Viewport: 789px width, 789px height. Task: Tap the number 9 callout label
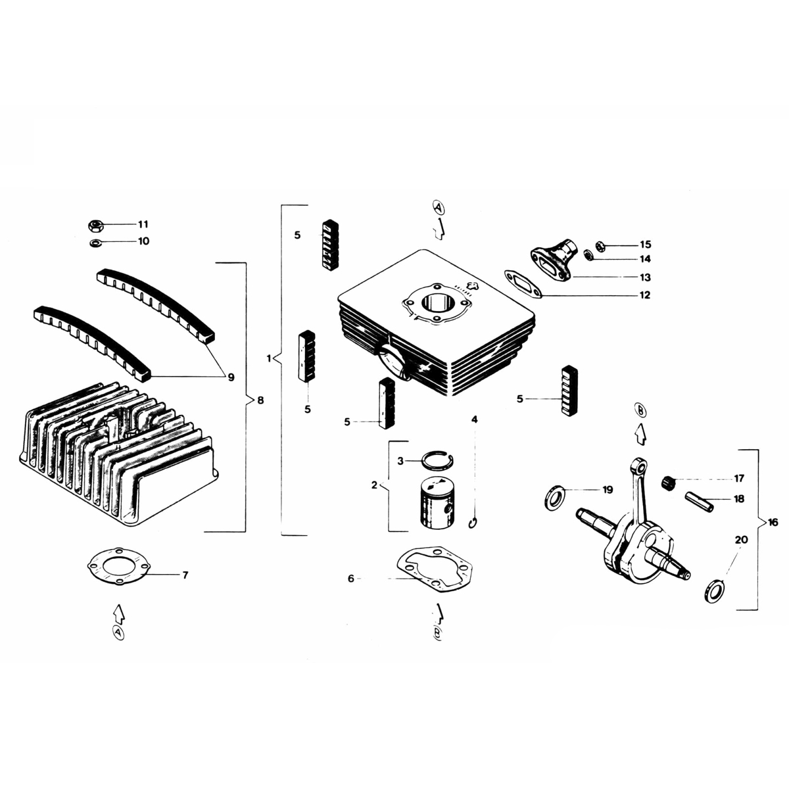pos(231,377)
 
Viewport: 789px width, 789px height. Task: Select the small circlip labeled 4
pos(472,523)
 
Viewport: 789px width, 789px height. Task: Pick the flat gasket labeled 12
pos(523,283)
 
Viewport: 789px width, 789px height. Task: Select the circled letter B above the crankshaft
pos(640,411)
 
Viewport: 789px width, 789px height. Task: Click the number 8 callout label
pos(260,400)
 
